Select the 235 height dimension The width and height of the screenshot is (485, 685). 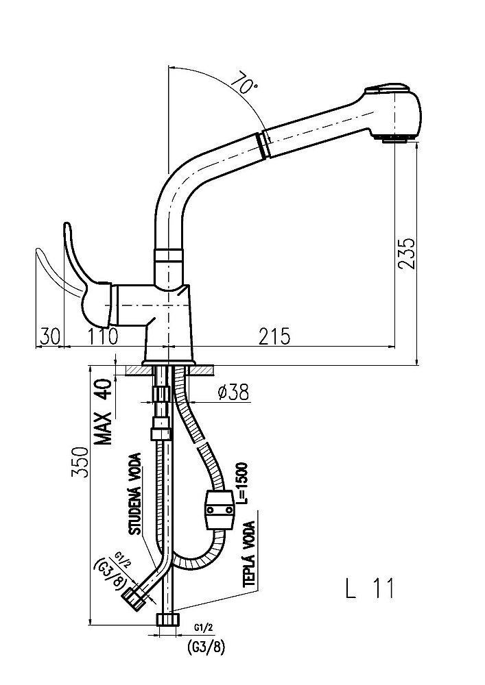(x=406, y=254)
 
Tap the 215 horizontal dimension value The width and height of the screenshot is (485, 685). (x=275, y=336)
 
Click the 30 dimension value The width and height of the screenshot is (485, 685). (x=49, y=336)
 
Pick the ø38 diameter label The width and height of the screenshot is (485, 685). (x=232, y=393)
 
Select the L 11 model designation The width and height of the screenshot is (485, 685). (x=370, y=588)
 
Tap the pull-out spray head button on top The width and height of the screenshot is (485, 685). (x=388, y=88)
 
